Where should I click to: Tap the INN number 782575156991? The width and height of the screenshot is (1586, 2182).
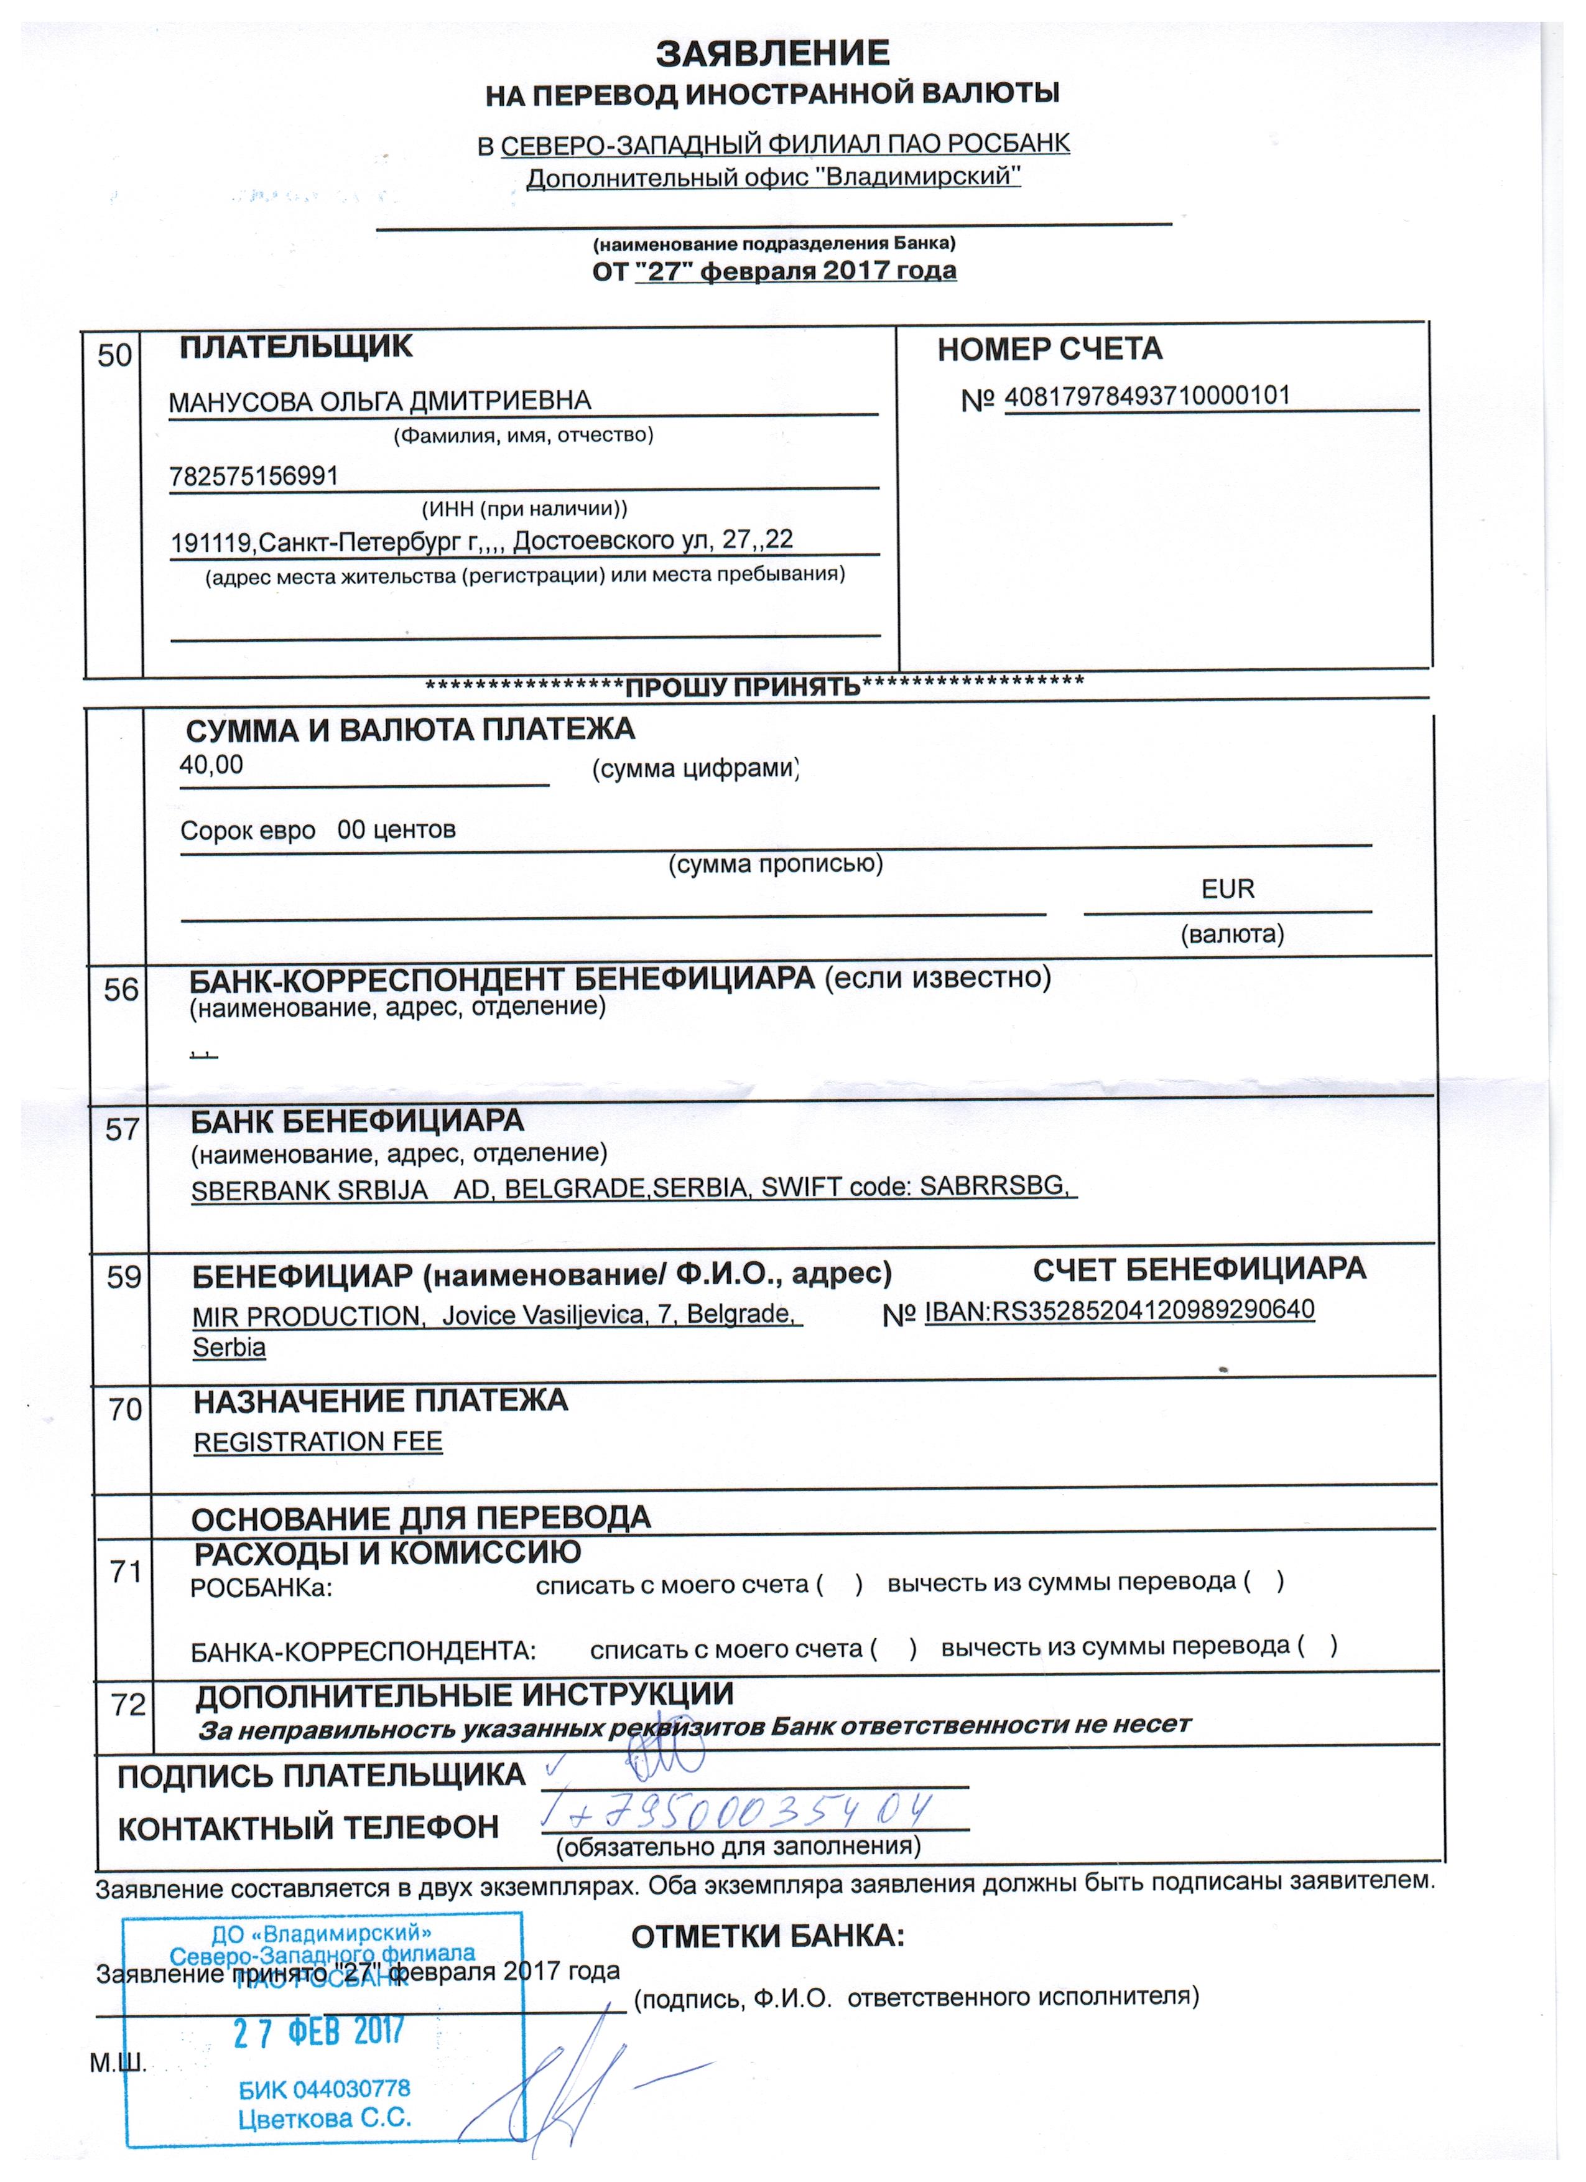click(253, 475)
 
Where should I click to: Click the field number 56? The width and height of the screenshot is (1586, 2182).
click(121, 990)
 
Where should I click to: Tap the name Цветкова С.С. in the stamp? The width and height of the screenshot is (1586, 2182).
click(324, 2117)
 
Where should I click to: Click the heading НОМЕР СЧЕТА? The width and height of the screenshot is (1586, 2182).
click(1049, 349)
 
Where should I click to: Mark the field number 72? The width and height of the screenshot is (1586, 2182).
click(128, 1705)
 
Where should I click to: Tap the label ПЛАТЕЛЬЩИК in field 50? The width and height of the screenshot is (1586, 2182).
click(296, 347)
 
